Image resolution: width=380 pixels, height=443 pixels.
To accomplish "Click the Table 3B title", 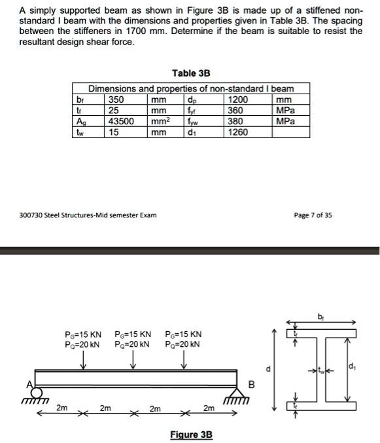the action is [x=190, y=72].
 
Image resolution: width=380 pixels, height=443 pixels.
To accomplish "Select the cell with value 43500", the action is [x=121, y=121].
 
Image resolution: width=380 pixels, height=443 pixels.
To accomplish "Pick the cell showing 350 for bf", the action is [x=116, y=100].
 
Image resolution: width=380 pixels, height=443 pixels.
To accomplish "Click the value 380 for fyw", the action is [x=233, y=121].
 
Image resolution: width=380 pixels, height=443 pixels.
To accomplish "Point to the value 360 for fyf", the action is [x=233, y=111].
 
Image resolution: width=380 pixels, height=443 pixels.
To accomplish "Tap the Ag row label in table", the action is [x=80, y=121].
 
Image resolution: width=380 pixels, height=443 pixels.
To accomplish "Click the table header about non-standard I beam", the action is [x=191, y=88].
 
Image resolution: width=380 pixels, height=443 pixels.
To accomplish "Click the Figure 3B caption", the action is [x=190, y=434].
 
